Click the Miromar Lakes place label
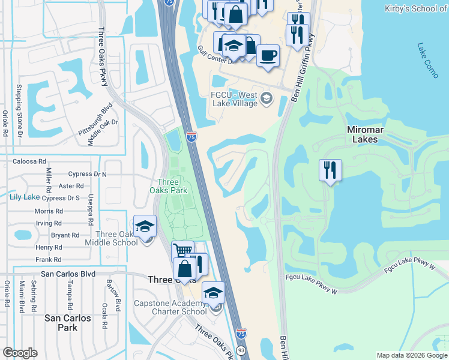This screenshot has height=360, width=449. click(x=363, y=134)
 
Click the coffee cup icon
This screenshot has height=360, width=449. click(x=268, y=55)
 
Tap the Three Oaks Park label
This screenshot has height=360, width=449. click(x=172, y=187)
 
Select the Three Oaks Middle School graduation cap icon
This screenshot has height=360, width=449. click(x=145, y=226)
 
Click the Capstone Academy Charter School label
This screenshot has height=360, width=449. click(x=170, y=307)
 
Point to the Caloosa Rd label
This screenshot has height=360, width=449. click(x=29, y=161)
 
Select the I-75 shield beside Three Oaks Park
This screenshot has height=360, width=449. click(x=191, y=136)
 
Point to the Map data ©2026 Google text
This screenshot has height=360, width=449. click(x=412, y=355)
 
